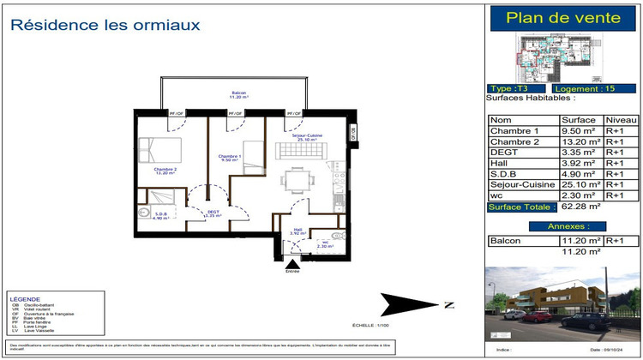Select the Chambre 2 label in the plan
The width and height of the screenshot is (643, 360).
[x=165, y=171]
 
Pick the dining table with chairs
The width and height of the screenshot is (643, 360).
[x=297, y=182]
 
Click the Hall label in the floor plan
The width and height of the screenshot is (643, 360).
[x=297, y=230]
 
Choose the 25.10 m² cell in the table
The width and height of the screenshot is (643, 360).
[x=578, y=183]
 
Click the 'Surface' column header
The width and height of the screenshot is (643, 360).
[x=578, y=120]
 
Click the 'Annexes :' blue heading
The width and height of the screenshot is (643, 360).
[x=562, y=226]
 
